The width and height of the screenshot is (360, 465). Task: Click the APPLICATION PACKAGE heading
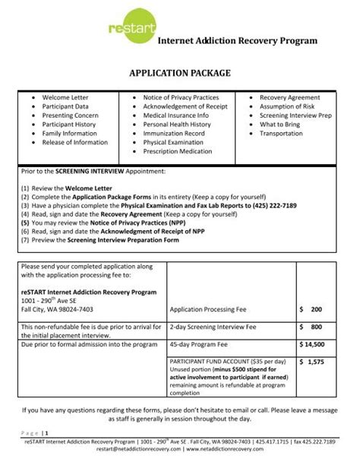180,75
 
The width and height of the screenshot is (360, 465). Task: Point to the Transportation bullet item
281,133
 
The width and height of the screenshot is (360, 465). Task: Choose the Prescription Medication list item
178,150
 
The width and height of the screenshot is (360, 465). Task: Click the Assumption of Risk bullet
287,107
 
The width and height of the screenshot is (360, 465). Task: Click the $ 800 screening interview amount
311,327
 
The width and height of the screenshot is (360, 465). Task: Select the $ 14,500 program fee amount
311,343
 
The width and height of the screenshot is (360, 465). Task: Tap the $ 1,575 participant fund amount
311,362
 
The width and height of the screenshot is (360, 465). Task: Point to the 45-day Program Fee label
200,343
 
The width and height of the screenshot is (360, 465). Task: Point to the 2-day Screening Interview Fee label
214,327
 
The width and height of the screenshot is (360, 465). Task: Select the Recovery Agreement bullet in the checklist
291,98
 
